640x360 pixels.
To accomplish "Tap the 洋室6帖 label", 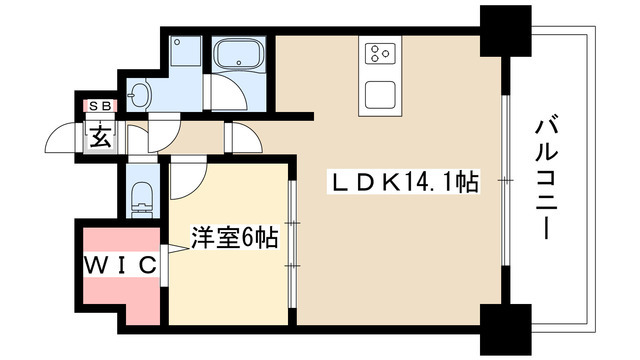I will (234, 240).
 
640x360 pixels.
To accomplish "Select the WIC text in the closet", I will (117, 265).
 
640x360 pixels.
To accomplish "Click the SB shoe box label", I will (101, 104).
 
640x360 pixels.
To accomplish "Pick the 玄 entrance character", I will (102, 136).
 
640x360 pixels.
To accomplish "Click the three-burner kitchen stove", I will (382, 53).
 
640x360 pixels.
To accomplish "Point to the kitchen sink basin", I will (382, 94).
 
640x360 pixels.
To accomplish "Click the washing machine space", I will (185, 52).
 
